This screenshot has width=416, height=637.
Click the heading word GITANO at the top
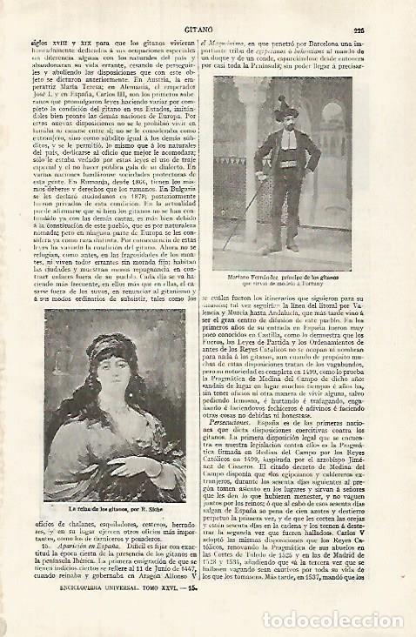pos(208,29)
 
